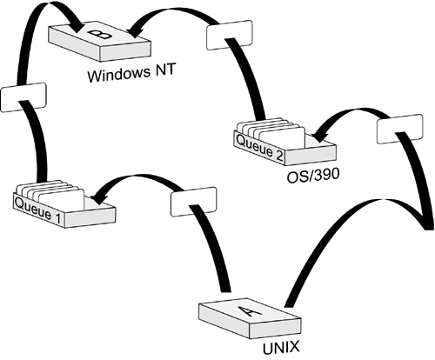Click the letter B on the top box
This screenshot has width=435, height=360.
(x=100, y=35)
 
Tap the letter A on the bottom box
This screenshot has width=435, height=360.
(x=251, y=310)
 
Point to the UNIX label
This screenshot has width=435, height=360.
(x=281, y=348)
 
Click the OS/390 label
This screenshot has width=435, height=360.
(x=313, y=176)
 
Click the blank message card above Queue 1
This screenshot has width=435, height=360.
(x=193, y=202)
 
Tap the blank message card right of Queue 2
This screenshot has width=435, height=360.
(x=399, y=129)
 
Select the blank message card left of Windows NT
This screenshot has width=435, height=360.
(x=23, y=97)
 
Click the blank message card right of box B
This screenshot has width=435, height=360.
(x=229, y=35)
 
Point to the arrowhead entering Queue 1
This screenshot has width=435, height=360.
(x=98, y=198)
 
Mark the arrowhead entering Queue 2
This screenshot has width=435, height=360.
(x=319, y=137)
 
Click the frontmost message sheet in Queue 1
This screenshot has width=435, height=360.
(x=62, y=201)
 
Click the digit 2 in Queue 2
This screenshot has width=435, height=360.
(x=278, y=157)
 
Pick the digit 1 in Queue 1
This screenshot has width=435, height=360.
(x=58, y=218)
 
